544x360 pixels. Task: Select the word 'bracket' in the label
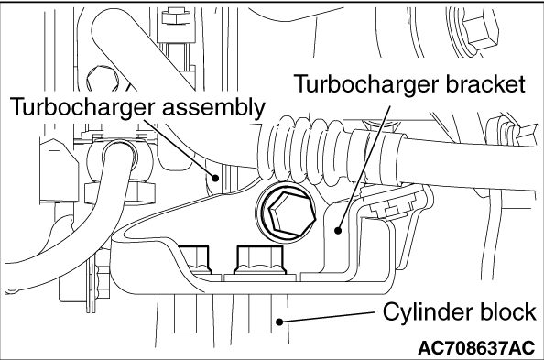click(485, 83)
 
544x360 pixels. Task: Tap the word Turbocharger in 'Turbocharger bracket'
click(367, 85)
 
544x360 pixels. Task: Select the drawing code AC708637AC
click(477, 347)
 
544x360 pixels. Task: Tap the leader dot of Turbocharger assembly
click(215, 178)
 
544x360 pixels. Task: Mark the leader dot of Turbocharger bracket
click(338, 230)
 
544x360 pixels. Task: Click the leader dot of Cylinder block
click(279, 322)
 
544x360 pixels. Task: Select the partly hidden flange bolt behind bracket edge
click(196, 258)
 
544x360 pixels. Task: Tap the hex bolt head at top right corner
click(479, 30)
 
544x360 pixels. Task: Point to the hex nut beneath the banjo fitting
click(119, 192)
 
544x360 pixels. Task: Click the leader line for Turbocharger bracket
click(364, 168)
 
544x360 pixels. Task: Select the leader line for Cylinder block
click(327, 317)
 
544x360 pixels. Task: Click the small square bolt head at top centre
click(175, 16)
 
